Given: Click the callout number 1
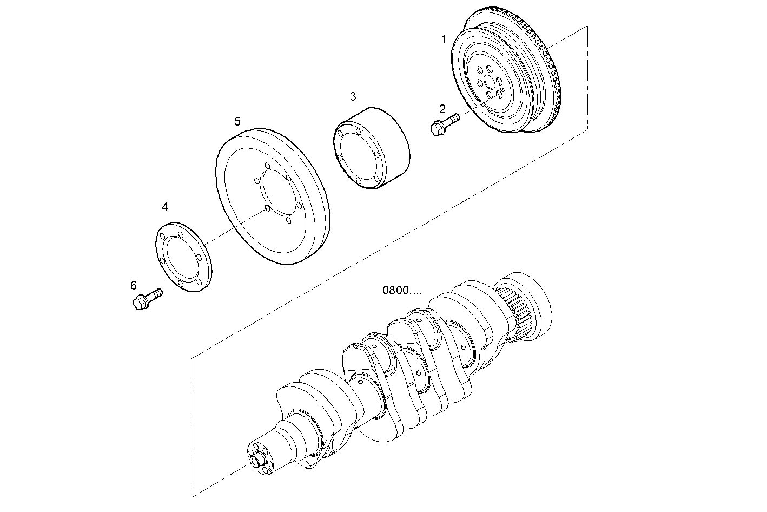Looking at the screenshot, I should [x=444, y=39].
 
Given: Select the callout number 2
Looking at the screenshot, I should [x=442, y=109].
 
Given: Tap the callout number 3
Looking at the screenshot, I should [x=353, y=97].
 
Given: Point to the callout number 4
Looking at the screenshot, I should [x=164, y=207].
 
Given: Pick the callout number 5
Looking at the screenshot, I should [x=237, y=121].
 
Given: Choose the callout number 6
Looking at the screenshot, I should [x=134, y=285].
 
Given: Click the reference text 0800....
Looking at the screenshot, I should [x=402, y=291].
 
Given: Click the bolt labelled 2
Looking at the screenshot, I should [x=444, y=123].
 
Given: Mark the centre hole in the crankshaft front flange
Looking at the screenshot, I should [x=256, y=461].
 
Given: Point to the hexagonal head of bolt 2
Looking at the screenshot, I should [x=436, y=129].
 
